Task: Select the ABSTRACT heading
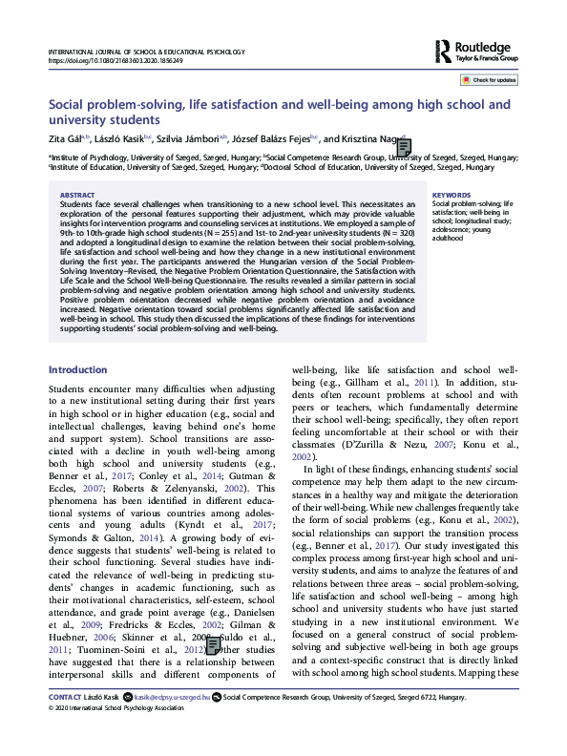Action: (76, 194)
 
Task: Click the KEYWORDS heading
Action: (451, 194)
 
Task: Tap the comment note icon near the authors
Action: (404, 146)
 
